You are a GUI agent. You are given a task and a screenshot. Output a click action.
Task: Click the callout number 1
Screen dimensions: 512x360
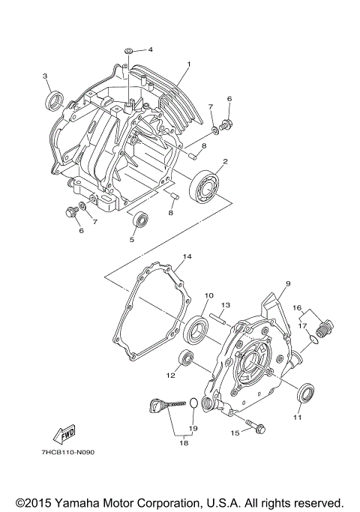189,64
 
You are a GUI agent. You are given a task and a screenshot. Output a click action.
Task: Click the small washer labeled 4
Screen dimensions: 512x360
130,50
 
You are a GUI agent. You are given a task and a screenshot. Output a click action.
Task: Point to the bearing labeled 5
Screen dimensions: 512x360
139,220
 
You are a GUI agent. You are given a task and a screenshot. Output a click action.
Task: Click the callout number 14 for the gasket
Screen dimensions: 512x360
186,256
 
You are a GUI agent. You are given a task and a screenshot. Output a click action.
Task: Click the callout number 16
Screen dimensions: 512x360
296,307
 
